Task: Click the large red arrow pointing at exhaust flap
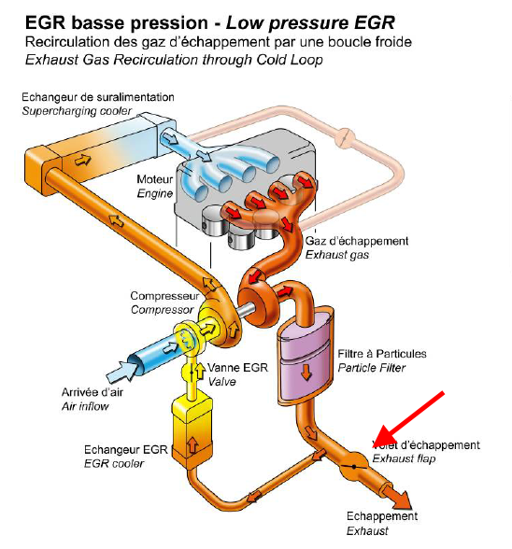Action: coord(408,419)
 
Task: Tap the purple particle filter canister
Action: coord(306,356)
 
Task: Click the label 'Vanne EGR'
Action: coord(237,367)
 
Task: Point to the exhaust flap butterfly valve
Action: coord(354,467)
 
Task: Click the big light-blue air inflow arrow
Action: coord(121,373)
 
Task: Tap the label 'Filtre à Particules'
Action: coord(382,354)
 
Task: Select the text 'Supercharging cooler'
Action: coord(77,111)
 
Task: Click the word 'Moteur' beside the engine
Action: coord(154,179)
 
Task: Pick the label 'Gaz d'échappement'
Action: coord(357,241)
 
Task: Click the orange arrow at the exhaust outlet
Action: coord(398,497)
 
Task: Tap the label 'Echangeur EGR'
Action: coord(126,450)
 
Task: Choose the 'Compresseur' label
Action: coord(164,296)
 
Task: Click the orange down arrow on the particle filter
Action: coord(306,372)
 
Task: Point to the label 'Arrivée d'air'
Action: coord(92,392)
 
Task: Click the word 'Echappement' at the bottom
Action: coord(382,516)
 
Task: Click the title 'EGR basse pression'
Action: coord(117,23)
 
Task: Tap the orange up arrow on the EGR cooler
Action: coord(192,445)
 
